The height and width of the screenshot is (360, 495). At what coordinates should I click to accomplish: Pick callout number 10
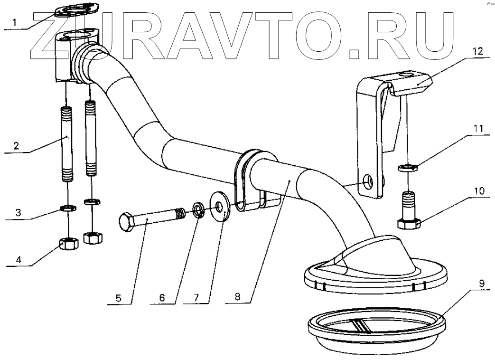(x=479, y=191)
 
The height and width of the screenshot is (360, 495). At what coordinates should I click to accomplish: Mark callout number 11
(x=479, y=128)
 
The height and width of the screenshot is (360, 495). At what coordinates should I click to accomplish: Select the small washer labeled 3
(x=68, y=208)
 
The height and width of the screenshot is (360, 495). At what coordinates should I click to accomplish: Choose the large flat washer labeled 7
(x=220, y=205)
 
